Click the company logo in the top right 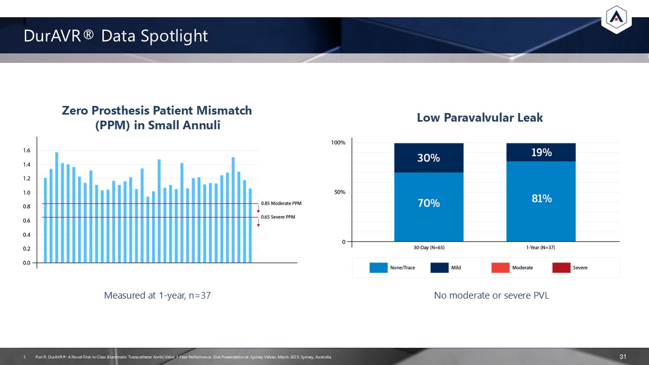click(x=616, y=18)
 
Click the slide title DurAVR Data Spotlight click(x=116, y=36)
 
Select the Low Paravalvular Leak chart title click(x=480, y=118)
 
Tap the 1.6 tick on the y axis click(x=26, y=151)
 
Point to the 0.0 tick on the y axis click(x=26, y=263)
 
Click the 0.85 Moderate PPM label click(x=281, y=203)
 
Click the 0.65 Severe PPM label click(x=277, y=217)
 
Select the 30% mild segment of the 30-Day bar click(x=428, y=158)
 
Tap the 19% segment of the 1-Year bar click(x=541, y=152)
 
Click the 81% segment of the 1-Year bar click(x=541, y=199)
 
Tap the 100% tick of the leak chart click(x=338, y=143)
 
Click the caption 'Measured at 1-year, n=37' click(x=157, y=296)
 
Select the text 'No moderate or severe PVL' click(x=491, y=296)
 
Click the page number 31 click(x=624, y=357)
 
